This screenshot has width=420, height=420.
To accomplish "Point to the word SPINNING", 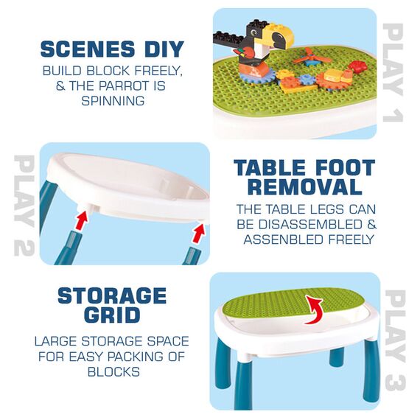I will click(x=112, y=100).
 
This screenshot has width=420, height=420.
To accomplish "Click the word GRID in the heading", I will click(x=111, y=315).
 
